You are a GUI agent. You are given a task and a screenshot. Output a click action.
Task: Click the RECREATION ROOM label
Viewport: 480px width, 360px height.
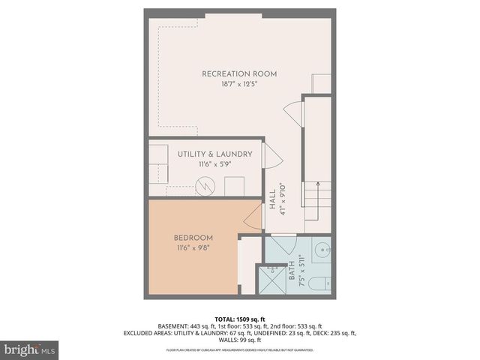click(239, 74)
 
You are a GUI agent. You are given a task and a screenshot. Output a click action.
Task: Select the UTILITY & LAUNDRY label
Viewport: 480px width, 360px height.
click(214, 154)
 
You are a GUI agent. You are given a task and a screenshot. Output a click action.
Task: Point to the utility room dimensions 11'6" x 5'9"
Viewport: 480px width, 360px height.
click(214, 165)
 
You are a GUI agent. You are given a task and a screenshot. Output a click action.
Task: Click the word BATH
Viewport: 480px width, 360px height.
click(291, 271)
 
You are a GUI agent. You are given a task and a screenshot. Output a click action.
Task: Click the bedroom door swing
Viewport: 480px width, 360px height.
click(253, 218)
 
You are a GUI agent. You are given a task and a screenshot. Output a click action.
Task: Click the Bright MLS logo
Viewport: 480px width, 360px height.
click(29, 349)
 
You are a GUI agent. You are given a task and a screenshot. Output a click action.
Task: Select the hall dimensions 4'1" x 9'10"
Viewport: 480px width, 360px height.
click(283, 200)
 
